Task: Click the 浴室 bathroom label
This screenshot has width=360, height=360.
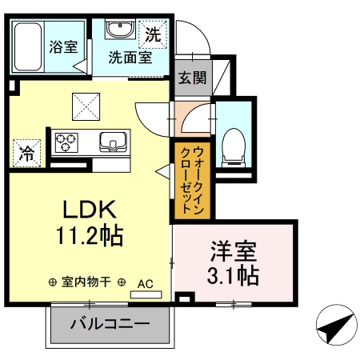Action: click(x=63, y=46)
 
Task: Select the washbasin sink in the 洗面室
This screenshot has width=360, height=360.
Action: click(x=122, y=31)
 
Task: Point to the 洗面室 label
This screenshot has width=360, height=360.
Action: click(x=130, y=58)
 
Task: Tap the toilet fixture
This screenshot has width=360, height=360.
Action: click(x=235, y=145)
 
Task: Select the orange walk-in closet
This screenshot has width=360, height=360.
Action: click(x=191, y=180)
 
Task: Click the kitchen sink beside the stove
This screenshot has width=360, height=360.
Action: click(x=113, y=142)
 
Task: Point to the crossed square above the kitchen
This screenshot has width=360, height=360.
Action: click(x=86, y=106)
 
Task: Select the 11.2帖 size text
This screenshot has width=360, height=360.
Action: click(x=90, y=237)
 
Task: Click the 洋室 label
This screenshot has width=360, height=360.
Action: click(x=234, y=252)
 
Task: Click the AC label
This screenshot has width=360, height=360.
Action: click(x=145, y=282)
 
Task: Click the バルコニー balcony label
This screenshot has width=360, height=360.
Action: click(x=110, y=324)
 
